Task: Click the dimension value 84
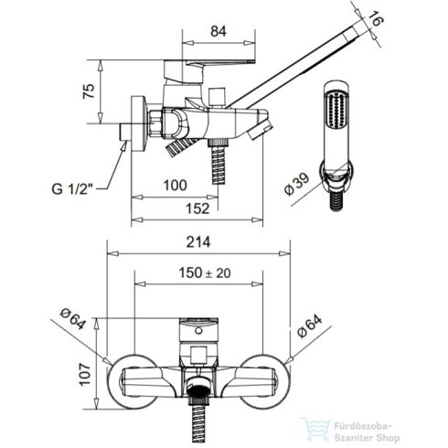[x=219, y=31]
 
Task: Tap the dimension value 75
[x=90, y=91]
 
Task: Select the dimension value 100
[x=175, y=186]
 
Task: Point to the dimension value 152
[x=197, y=208]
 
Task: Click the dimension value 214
[x=198, y=242]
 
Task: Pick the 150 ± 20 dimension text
[x=205, y=272]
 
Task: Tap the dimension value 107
[x=85, y=374]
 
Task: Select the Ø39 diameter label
[x=297, y=185]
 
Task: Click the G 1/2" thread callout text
[x=72, y=189]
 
